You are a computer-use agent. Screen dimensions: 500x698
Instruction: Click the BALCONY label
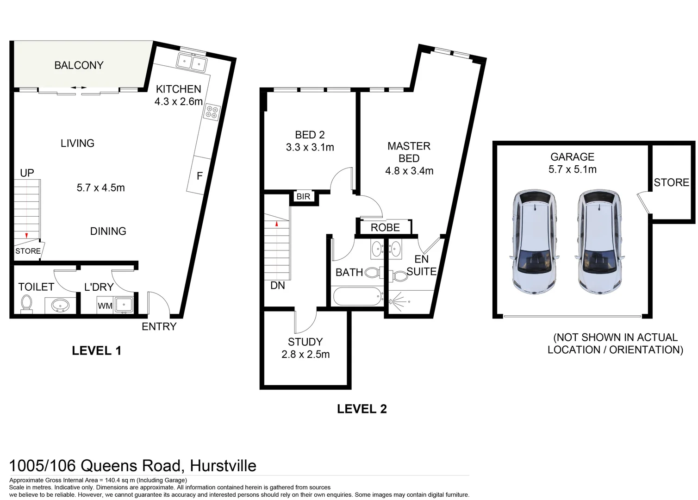tap(79, 65)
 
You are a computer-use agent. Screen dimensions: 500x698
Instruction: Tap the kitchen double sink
tap(192, 62)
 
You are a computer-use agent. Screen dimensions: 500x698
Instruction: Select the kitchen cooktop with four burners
tap(212, 112)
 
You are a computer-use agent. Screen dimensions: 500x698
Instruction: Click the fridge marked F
tap(199, 176)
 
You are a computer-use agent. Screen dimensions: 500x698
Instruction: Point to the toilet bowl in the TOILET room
tap(26, 304)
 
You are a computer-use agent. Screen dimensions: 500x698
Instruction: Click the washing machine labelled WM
tap(105, 306)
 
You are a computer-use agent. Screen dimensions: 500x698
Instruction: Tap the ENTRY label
tap(159, 326)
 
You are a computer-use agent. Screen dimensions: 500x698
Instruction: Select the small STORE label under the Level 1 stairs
tap(28, 251)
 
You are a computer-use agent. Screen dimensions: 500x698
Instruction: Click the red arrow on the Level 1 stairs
tap(26, 236)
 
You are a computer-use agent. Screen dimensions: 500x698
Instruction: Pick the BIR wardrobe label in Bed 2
tap(303, 197)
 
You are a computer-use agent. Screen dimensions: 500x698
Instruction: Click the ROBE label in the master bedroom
tap(385, 228)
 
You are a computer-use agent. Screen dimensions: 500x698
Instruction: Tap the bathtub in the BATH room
tap(357, 296)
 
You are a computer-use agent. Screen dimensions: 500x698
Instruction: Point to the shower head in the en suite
tap(393, 301)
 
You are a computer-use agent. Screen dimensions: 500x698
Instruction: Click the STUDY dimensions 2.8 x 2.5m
tap(305, 355)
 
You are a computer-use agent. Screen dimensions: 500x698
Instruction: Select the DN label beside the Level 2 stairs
tap(278, 286)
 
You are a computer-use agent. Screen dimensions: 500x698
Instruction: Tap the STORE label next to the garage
tap(671, 182)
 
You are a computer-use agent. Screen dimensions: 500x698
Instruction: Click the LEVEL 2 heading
tap(361, 409)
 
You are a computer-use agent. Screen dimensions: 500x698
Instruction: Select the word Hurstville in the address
tap(223, 466)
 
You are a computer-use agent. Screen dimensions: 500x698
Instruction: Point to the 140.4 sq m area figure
tap(120, 480)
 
